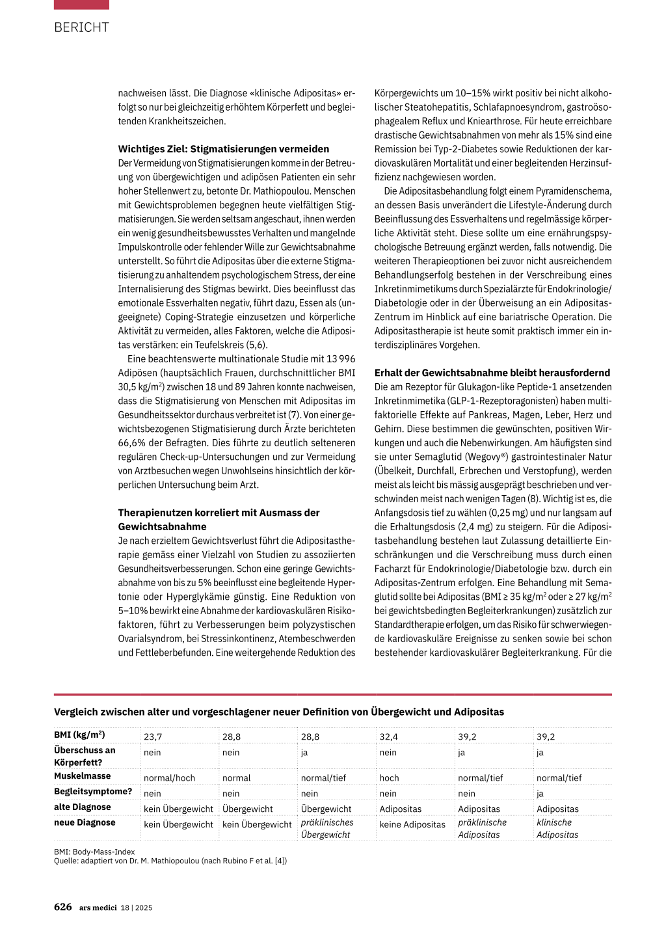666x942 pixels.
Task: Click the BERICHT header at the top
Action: coord(81,27)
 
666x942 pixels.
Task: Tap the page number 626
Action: coord(62,907)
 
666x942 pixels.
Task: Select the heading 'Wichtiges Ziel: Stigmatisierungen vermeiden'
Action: coord(223,149)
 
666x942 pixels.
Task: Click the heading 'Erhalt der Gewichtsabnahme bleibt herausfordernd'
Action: coord(492,373)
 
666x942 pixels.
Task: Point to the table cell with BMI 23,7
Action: coord(153,736)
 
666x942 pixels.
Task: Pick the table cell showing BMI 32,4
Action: coord(388,736)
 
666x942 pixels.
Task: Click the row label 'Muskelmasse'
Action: coord(82,776)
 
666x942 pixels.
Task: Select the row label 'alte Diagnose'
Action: coord(82,807)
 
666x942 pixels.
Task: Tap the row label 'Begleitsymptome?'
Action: coord(92,792)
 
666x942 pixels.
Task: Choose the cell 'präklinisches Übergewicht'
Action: coord(326,828)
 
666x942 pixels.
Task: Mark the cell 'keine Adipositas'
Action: coord(412,824)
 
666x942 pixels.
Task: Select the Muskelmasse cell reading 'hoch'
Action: coord(389,777)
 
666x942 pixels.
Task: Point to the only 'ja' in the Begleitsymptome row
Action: coord(540,793)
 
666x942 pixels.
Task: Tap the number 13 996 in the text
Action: coord(341,359)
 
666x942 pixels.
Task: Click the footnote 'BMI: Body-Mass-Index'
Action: coord(94,852)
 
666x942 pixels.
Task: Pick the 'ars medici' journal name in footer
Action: coord(98,908)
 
